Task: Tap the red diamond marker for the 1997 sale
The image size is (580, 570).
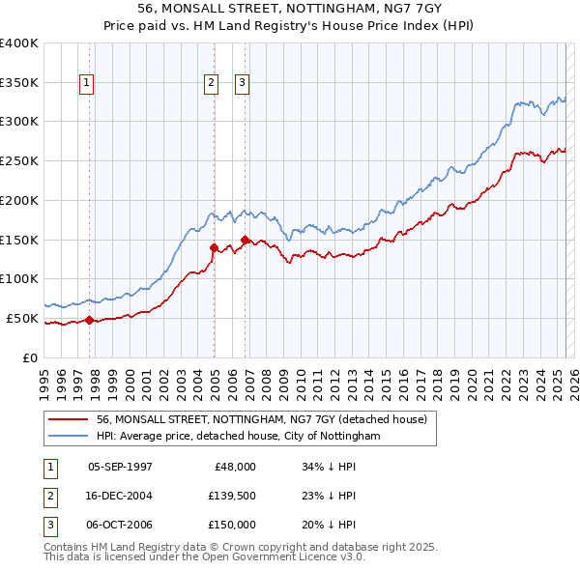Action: pos(89,320)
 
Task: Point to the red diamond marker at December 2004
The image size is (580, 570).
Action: pos(214,248)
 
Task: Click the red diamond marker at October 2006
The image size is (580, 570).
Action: pos(245,240)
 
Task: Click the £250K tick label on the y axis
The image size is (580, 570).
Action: pos(19,160)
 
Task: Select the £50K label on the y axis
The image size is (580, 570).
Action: pos(22,318)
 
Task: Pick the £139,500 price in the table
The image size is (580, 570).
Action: pos(231,496)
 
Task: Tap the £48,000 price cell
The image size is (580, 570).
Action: pos(235,467)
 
